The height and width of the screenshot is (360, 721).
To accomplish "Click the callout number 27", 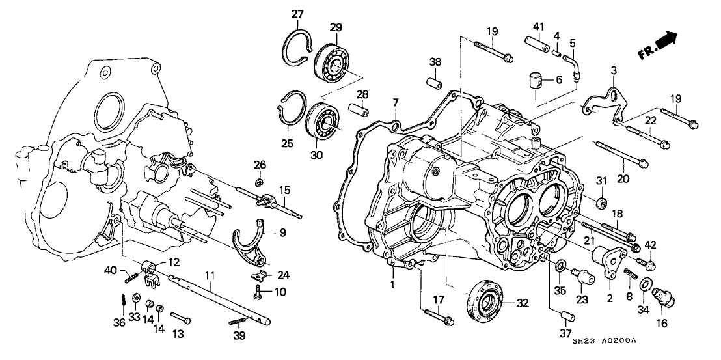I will coord(297,14).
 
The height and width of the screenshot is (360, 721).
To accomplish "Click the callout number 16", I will coord(661,322).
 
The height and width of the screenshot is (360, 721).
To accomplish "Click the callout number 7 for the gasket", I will coord(395,102).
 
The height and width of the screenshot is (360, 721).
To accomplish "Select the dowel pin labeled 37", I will coord(564,317).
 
